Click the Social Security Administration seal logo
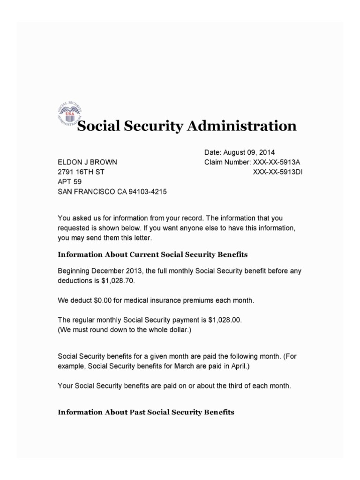pyautogui.click(x=69, y=114)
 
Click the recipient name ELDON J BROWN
pyautogui.click(x=87, y=162)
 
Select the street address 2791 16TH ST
pyautogui.click(x=81, y=172)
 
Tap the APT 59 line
pyautogui.click(x=69, y=182)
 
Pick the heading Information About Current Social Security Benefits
pyautogui.click(x=152, y=255)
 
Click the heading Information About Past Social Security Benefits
pyautogui.click(x=145, y=412)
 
